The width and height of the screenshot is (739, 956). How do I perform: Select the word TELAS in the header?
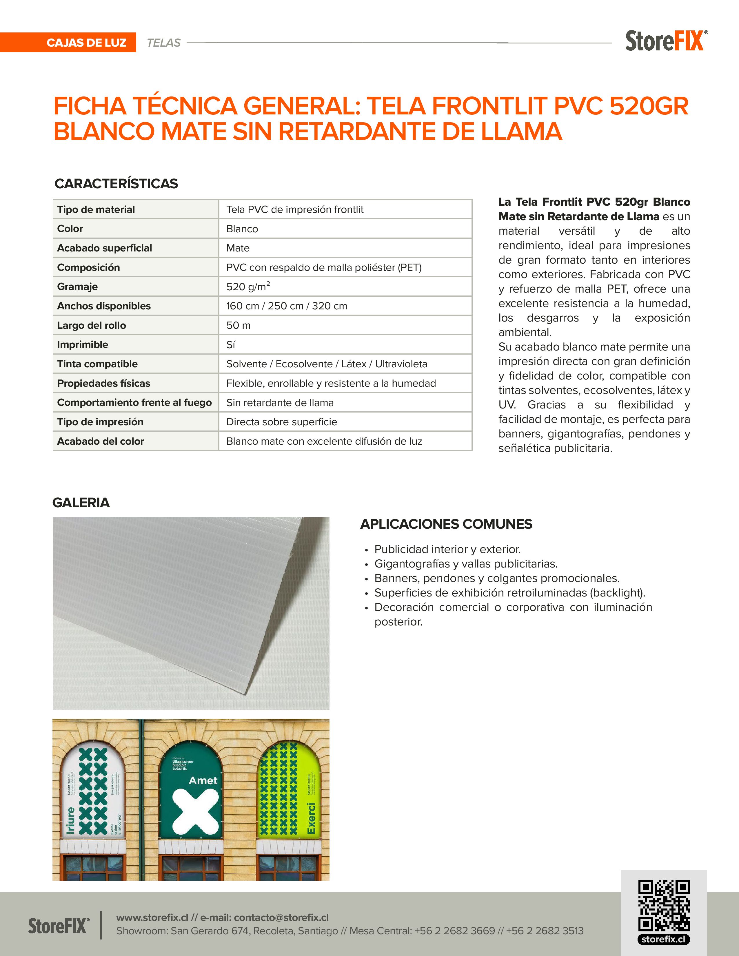[163, 43]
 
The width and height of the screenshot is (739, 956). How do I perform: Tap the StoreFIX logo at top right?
[665, 41]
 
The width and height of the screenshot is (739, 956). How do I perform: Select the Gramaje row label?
[77, 287]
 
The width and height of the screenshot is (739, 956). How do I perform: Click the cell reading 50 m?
[238, 325]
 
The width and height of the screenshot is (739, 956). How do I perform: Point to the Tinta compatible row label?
[97, 364]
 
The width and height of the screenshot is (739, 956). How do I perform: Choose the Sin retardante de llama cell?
[280, 403]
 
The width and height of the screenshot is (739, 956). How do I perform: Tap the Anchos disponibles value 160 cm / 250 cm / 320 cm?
[286, 306]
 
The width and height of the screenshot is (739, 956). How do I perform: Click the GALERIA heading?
[81, 503]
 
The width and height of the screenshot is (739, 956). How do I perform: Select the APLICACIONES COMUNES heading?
[446, 524]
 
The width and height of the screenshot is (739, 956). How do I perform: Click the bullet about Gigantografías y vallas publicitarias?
[466, 564]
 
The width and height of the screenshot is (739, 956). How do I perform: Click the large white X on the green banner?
[195, 811]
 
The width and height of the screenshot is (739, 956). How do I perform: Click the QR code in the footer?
[664, 905]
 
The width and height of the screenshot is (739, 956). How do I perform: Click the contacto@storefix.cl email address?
[281, 917]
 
